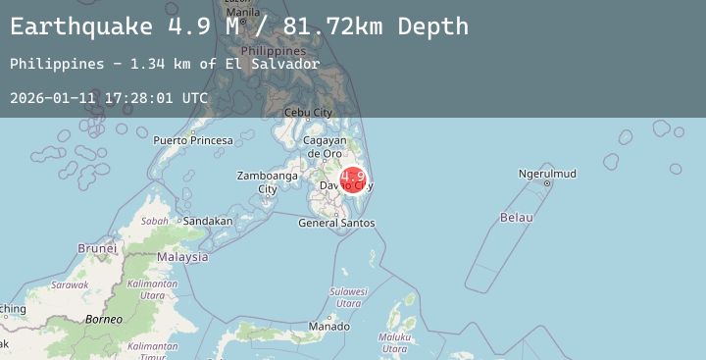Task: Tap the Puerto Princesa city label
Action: click(x=193, y=140)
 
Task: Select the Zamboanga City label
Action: click(x=267, y=182)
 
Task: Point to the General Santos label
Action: click(x=336, y=223)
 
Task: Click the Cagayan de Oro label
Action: click(x=324, y=147)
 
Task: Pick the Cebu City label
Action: click(x=308, y=112)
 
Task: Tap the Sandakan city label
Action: click(x=208, y=221)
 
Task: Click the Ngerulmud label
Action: click(x=547, y=175)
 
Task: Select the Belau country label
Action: click(x=516, y=216)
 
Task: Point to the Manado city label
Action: click(x=328, y=326)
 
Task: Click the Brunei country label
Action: click(x=97, y=248)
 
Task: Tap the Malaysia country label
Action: click(x=182, y=257)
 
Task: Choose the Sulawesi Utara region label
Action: click(x=347, y=297)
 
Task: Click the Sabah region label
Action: click(x=154, y=222)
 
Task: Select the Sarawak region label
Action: click(x=70, y=284)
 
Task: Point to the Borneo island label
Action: click(x=103, y=319)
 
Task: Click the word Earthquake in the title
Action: click(x=81, y=26)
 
